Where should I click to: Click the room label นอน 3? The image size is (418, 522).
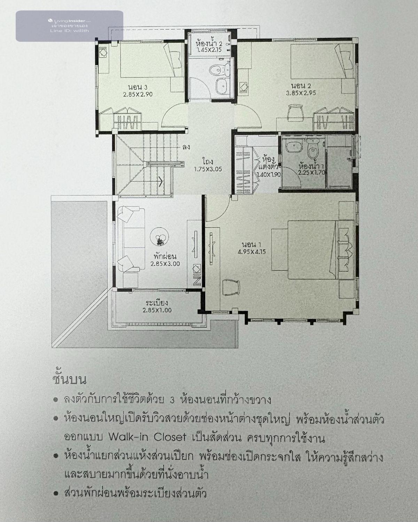138,87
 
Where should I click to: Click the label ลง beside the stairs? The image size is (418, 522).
186,147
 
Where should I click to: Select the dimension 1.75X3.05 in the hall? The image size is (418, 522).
208,169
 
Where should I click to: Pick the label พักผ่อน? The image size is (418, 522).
165,256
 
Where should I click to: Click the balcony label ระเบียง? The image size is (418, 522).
157,303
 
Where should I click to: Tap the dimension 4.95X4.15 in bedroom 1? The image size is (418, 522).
251,252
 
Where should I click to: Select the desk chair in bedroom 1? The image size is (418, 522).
231,287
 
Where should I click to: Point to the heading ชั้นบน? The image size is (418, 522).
69,380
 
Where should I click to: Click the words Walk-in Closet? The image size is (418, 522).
147,437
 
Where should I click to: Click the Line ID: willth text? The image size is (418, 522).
69,31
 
